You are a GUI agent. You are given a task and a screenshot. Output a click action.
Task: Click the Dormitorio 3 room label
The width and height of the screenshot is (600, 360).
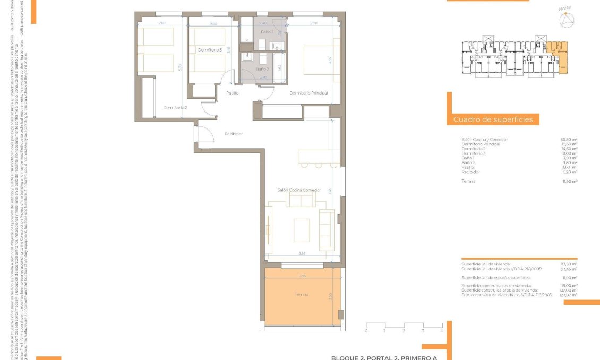(x=209, y=50)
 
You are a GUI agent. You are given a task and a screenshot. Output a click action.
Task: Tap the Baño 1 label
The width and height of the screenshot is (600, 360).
(x=266, y=32)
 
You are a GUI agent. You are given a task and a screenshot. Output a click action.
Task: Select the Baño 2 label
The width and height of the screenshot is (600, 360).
(x=263, y=69)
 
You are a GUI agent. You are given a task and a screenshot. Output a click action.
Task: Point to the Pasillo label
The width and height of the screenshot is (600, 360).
(x=233, y=93)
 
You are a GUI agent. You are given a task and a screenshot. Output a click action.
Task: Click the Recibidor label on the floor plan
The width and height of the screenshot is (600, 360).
(x=234, y=134)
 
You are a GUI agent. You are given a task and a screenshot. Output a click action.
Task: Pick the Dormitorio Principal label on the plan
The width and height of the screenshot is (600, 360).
(x=308, y=93)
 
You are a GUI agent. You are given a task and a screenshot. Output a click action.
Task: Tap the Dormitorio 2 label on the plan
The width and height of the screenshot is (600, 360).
(x=175, y=107)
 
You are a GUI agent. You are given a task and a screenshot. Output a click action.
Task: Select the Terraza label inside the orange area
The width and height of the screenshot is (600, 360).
(x=302, y=294)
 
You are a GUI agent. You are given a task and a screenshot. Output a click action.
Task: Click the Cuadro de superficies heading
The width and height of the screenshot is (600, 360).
(x=493, y=120)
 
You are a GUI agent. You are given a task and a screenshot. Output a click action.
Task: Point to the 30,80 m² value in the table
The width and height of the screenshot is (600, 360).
(x=569, y=140)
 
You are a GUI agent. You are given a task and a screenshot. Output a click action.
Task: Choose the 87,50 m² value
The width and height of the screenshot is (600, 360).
(x=569, y=264)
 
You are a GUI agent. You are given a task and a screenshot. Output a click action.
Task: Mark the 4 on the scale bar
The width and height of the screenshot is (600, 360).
(x=442, y=330)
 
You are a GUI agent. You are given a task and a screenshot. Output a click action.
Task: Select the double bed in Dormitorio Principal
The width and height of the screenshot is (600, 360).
(x=317, y=61)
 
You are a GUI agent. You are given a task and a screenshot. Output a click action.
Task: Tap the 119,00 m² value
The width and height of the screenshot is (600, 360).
(x=569, y=285)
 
